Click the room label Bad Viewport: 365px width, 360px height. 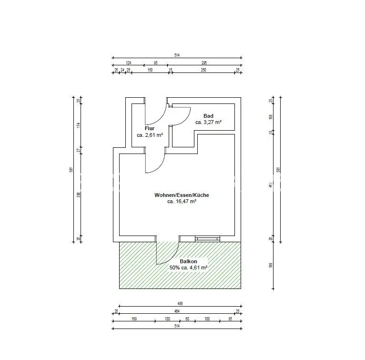208,116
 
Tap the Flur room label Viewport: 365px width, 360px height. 150,128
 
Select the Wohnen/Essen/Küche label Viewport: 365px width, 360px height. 182,195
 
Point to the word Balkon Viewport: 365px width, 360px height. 188,261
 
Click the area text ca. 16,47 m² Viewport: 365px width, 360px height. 182,202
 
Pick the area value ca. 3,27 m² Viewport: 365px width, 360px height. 208,123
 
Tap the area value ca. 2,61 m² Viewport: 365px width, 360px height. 150,135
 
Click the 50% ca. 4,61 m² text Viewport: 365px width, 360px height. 188,268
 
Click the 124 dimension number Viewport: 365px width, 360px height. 128,62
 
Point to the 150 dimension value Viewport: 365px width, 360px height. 150,70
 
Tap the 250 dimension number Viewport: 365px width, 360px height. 203,70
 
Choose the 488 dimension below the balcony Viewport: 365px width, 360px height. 180,304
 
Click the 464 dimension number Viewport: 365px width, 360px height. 177,311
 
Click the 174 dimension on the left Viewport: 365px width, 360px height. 79,125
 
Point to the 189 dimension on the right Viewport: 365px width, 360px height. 271,265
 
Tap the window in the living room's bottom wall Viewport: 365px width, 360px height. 207,238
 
